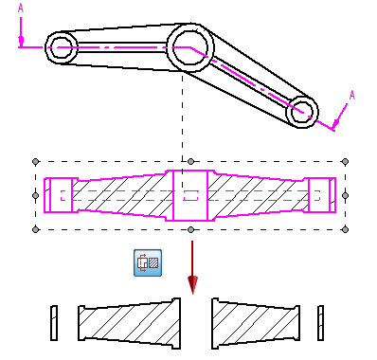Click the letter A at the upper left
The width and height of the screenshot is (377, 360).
click(21, 8)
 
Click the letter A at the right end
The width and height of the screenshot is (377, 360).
click(352, 95)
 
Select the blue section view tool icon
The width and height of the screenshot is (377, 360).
click(148, 262)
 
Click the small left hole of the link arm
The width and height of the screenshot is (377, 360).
click(61, 47)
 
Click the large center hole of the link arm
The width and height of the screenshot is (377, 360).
click(189, 47)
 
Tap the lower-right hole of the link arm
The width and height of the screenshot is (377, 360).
click(302, 112)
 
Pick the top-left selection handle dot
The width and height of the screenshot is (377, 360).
click(36, 162)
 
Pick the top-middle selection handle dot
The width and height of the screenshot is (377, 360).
click(190, 162)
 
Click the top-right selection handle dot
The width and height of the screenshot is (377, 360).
click(345, 162)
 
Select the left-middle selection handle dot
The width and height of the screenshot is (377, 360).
click(36, 195)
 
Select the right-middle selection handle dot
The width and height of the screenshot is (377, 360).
click(345, 195)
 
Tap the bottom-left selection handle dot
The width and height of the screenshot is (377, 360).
click(36, 229)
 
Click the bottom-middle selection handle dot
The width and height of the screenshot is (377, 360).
click(190, 229)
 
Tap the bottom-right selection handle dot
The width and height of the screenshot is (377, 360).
click(345, 229)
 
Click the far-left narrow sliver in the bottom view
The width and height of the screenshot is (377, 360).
click(54, 323)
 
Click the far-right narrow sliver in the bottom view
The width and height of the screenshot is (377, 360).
click(320, 323)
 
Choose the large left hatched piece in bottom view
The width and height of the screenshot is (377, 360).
click(130, 323)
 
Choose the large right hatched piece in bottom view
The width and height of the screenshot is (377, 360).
click(256, 323)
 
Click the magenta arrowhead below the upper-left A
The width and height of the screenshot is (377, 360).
click(21, 40)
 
